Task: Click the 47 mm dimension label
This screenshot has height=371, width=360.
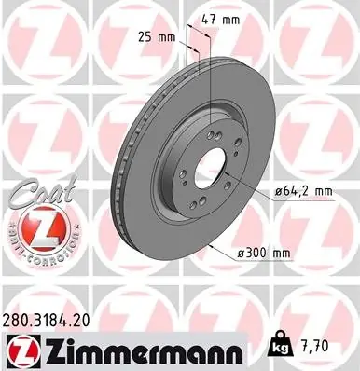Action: click(x=220, y=20)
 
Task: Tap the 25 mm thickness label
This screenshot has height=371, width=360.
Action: click(x=157, y=37)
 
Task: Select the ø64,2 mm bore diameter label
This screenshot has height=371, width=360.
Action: click(x=303, y=191)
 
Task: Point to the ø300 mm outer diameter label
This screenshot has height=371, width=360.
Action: click(x=264, y=254)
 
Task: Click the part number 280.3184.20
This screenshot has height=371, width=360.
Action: click(x=46, y=321)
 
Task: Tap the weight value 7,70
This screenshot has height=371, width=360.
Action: click(x=313, y=347)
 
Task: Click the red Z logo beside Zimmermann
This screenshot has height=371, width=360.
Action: click(x=21, y=352)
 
